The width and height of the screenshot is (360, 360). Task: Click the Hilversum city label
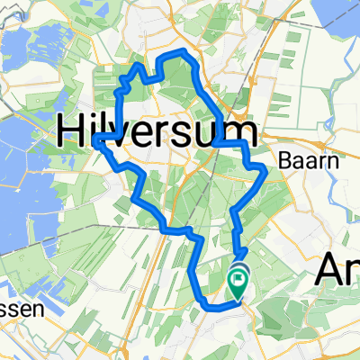point(157,132)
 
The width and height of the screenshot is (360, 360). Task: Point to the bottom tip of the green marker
point(238,299)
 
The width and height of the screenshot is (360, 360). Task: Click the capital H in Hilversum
point(72,132)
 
